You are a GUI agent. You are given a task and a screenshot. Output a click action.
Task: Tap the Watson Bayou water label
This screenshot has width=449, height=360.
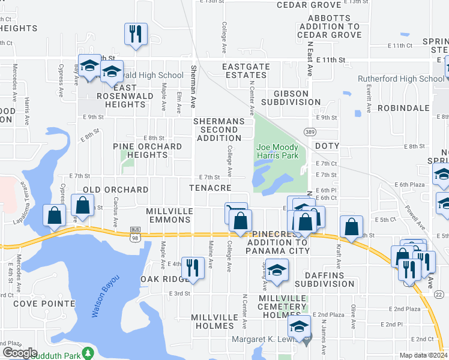[106, 295]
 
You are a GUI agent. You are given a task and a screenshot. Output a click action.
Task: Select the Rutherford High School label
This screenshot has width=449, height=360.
[400, 79]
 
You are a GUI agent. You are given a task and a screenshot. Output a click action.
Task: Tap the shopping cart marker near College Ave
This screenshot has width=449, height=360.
[235, 212]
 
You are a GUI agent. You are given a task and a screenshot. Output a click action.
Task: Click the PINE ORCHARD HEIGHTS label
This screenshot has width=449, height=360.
[147, 151]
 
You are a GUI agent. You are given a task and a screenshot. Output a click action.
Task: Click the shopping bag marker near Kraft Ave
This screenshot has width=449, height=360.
[351, 227]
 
